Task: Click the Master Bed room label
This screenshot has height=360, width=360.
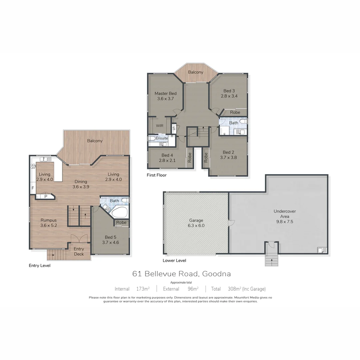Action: (x=165, y=93)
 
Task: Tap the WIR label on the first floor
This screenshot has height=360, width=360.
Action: (x=160, y=126)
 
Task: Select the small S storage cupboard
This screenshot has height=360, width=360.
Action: (x=174, y=128)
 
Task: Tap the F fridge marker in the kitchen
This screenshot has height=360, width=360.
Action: (x=33, y=188)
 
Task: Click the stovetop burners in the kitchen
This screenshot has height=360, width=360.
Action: (x=33, y=167)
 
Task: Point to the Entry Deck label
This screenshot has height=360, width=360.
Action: (x=79, y=251)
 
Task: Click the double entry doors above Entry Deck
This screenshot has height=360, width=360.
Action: (x=79, y=238)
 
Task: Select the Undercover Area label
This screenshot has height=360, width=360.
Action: (x=284, y=214)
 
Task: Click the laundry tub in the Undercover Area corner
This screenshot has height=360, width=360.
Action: (x=322, y=250)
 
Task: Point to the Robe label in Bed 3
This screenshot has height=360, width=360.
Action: (x=235, y=112)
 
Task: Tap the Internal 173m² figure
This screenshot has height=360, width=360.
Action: (x=143, y=289)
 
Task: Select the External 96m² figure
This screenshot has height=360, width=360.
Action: (x=193, y=289)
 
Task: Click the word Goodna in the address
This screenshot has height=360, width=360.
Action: (x=217, y=274)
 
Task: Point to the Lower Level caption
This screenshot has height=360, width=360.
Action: (x=174, y=260)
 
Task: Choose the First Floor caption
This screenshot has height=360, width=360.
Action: (x=157, y=175)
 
